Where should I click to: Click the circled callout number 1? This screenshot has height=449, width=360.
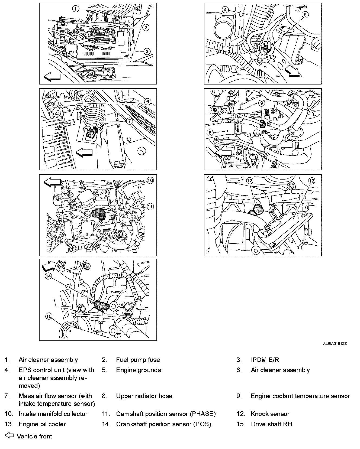(75, 9)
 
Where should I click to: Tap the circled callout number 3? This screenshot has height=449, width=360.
(147, 51)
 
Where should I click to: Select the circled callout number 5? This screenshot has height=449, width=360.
(305, 15)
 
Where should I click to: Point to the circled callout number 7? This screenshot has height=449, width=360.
(130, 121)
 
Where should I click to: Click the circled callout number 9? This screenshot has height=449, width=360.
(262, 103)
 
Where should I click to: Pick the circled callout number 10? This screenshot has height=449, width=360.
(150, 180)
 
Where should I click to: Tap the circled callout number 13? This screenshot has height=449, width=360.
(312, 181)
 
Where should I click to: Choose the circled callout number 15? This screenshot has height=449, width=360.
(49, 316)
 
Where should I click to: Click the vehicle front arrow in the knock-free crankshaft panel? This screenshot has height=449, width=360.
(48, 265)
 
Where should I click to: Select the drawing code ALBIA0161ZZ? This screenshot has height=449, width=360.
(335, 344)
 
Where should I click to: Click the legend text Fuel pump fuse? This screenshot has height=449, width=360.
(138, 360)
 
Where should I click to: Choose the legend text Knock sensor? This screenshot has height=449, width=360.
(270, 414)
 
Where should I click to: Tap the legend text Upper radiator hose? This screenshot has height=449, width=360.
(144, 396)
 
